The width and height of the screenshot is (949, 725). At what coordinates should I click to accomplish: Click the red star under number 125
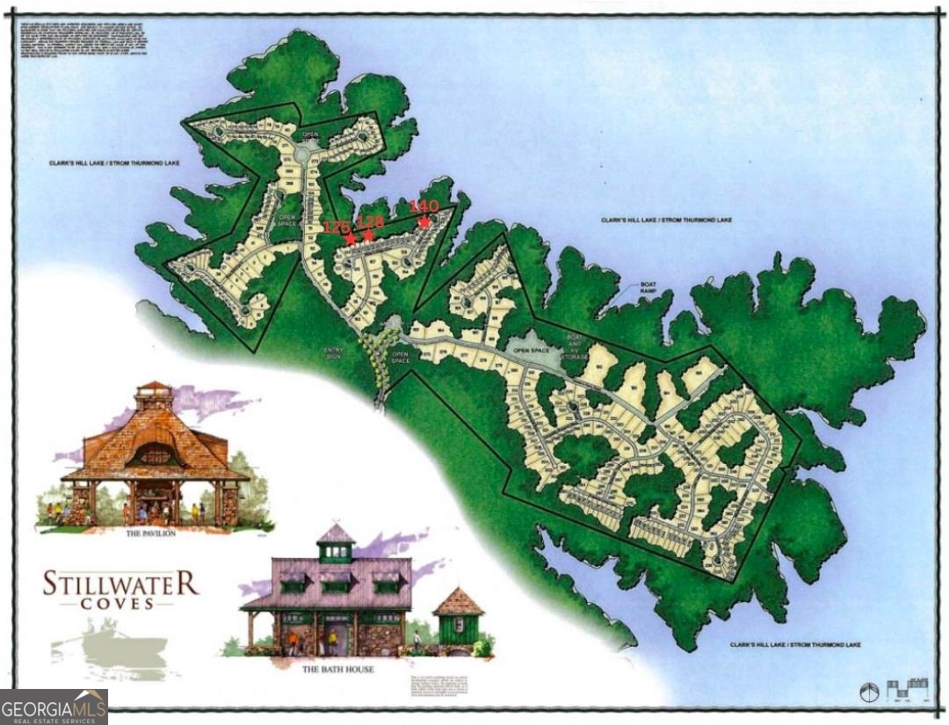[351, 239]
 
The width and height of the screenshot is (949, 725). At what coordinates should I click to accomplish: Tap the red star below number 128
[368, 236]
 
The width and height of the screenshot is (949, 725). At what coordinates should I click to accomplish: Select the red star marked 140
[424, 221]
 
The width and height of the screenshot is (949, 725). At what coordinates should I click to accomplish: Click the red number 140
[424, 207]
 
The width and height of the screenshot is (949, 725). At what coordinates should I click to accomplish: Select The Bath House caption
[338, 669]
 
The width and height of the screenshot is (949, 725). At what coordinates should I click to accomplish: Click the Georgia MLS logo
[54, 707]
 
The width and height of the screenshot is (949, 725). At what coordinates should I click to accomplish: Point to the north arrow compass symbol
[869, 692]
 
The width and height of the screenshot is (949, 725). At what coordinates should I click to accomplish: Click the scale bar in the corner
[909, 688]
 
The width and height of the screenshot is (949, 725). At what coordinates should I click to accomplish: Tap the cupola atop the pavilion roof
[154, 397]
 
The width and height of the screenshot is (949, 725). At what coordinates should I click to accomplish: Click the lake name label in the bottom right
[795, 645]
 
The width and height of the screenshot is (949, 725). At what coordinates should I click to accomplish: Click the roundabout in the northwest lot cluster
[303, 156]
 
